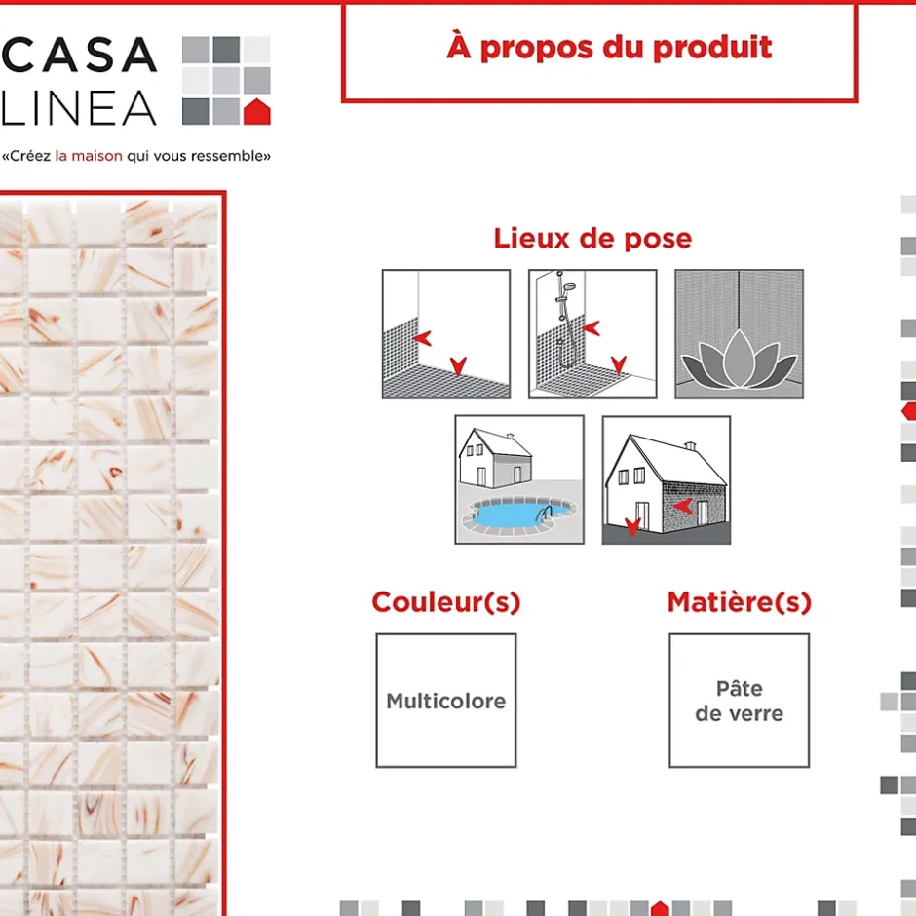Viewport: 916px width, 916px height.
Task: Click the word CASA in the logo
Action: tap(79, 55)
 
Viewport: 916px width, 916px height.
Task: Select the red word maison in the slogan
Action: tap(97, 156)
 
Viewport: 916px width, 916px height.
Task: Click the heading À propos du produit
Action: tap(609, 47)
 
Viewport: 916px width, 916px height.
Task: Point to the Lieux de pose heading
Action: tap(592, 238)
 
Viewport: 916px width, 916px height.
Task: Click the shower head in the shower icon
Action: tap(570, 286)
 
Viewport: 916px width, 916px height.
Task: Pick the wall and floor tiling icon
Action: tap(445, 333)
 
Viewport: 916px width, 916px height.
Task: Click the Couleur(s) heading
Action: tap(446, 602)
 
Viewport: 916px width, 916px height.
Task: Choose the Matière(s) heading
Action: tap(739, 602)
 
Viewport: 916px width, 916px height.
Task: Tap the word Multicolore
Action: tap(446, 701)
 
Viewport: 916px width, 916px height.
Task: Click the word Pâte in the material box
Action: tap(739, 689)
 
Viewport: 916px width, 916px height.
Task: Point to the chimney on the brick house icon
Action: tap(692, 447)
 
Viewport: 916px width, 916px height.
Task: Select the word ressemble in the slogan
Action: tap(233, 156)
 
